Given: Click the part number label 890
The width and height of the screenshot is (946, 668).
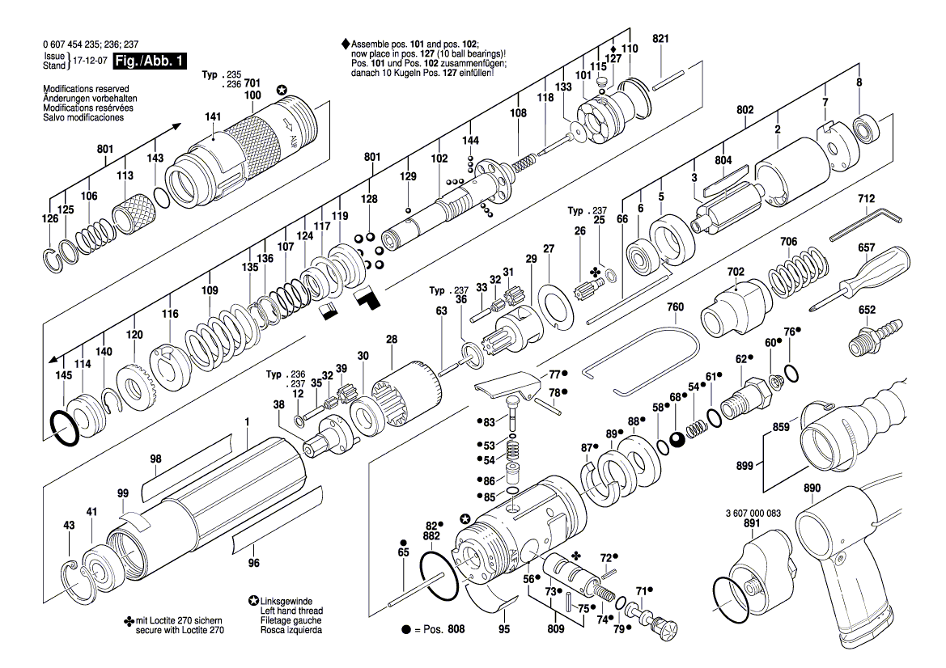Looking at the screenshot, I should pyautogui.click(x=812, y=488).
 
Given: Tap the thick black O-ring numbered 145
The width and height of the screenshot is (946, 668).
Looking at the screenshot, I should pyautogui.click(x=63, y=427).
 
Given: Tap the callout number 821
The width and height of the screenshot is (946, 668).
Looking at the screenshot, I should pyautogui.click(x=660, y=39).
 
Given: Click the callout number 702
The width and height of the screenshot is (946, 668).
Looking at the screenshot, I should pyautogui.click(x=735, y=272).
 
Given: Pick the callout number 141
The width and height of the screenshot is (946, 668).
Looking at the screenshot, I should pyautogui.click(x=213, y=117).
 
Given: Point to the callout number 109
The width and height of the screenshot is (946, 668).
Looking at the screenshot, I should pyautogui.click(x=210, y=290).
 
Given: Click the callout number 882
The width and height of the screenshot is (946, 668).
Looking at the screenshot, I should pyautogui.click(x=431, y=536).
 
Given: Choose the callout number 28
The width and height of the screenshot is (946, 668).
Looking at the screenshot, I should pyautogui.click(x=392, y=340).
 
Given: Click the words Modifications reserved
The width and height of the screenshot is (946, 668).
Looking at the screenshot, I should pyautogui.click(x=83, y=88).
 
